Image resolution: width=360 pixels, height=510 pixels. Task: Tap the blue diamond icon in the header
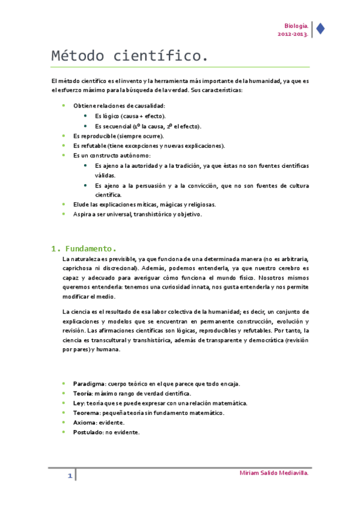tap(320, 28)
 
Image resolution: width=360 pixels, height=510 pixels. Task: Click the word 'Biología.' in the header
tap(297, 26)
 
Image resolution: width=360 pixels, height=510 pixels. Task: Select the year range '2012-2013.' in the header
tap(293, 34)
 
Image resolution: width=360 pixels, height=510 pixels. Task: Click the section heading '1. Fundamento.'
tap(82, 248)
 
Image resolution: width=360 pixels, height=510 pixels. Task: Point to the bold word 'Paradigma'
tap(89, 383)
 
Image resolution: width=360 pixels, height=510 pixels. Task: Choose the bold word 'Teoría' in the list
tap(82, 393)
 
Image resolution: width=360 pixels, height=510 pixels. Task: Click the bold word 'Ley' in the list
tap(78, 403)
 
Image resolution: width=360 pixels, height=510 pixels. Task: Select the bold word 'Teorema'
tap(86, 413)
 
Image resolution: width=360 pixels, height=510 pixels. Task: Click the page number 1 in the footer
tap(70, 477)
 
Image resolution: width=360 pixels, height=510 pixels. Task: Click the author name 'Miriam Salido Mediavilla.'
tap(274, 474)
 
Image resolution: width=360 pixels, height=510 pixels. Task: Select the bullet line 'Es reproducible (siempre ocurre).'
tap(118, 136)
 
